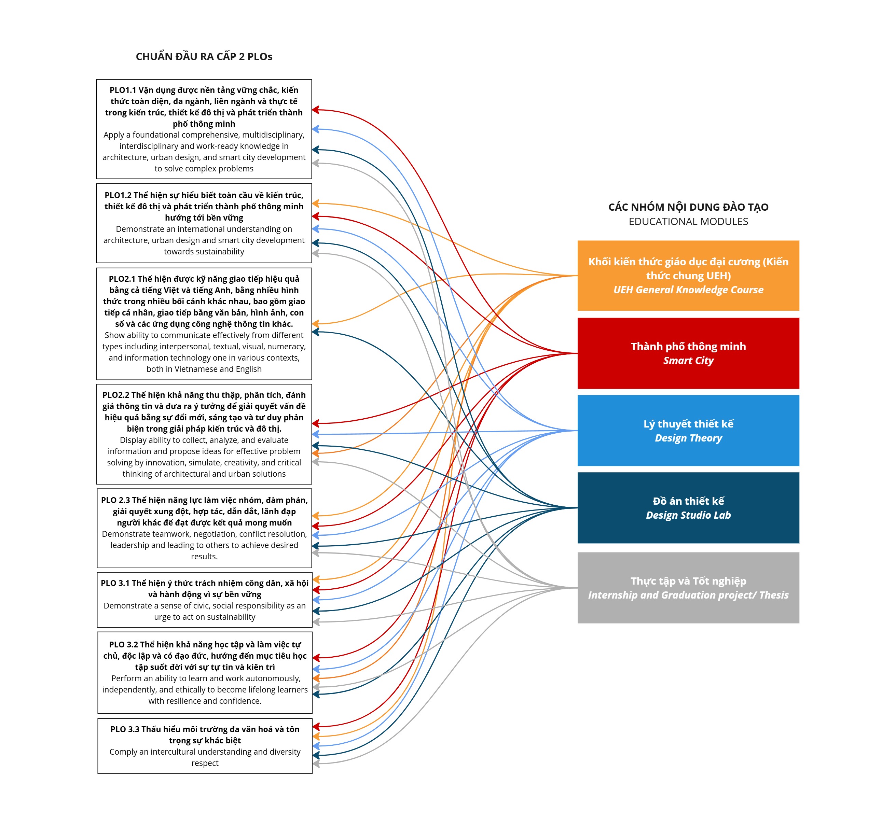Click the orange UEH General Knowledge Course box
click(688, 276)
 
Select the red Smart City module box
click(688, 353)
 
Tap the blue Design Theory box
click(688, 430)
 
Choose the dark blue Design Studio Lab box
click(688, 507)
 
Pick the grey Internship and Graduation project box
click(688, 587)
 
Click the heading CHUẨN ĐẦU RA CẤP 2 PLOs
click(204, 57)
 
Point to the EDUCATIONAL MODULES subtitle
click(688, 221)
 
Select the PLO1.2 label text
click(118, 195)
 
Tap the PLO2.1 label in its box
click(122, 279)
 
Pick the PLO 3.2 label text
click(123, 645)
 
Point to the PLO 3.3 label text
click(125, 729)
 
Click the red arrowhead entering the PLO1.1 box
click(315, 110)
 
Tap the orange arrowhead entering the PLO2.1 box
click(315, 324)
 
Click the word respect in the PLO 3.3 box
click(205, 763)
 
